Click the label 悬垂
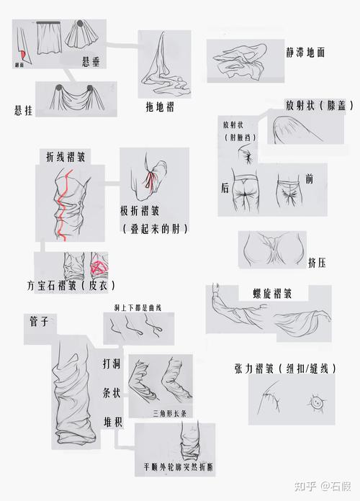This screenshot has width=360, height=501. [91, 63]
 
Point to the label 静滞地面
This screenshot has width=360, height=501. [305, 53]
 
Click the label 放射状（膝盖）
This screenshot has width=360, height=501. [319, 104]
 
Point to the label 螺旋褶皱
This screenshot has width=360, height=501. [271, 294]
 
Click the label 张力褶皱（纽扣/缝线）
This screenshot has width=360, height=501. [285, 368]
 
